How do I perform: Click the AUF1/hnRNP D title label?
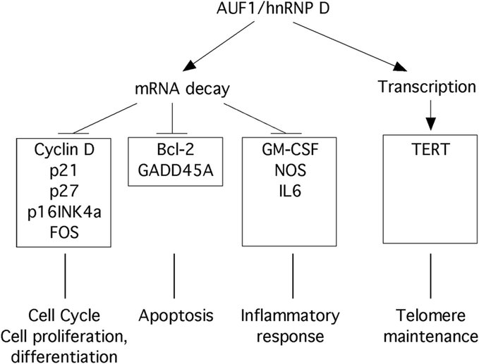click(x=252, y=11)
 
